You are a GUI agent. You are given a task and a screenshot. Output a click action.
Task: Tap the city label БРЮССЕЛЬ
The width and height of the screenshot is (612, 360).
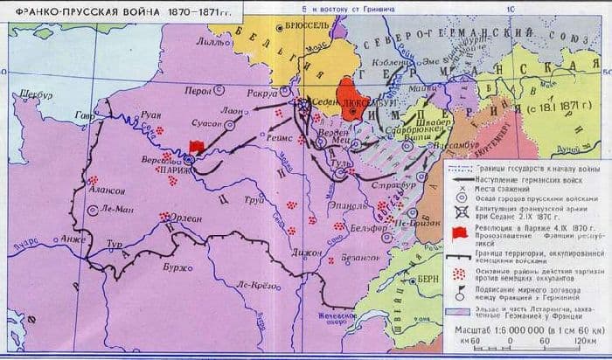coord(304,26)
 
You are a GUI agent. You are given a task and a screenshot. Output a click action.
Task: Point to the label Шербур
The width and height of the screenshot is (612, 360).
coord(25,93)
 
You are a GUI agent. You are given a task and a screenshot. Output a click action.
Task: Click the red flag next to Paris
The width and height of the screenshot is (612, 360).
coord(198,146)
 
